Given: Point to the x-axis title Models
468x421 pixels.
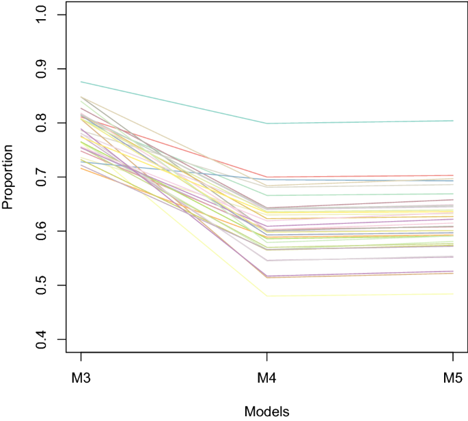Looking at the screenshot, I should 266,411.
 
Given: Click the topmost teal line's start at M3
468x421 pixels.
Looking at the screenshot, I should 81,82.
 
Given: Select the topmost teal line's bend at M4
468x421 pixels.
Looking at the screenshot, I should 267,124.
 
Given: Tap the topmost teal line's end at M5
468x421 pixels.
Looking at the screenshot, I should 453,121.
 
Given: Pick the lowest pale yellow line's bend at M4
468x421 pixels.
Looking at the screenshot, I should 267,296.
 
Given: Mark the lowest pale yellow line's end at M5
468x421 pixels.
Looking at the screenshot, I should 453,294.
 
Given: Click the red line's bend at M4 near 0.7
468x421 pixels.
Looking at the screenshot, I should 267,177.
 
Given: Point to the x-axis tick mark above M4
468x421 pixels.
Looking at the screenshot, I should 267,357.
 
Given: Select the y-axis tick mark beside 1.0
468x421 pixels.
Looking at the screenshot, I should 62,15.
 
